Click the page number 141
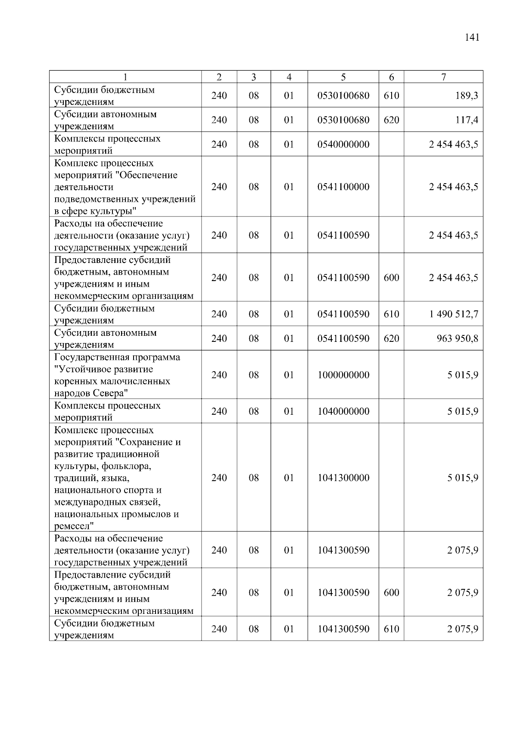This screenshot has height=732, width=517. pos(472,38)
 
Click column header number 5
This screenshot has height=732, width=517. pos(343,77)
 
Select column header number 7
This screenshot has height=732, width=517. pos(443,77)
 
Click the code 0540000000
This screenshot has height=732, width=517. pos(343,144)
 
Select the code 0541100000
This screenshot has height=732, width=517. pos(343,187)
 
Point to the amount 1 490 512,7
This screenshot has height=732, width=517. pos(453,314)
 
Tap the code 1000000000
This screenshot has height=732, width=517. pos(343,375)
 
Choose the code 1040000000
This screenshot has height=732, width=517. pos(343,411)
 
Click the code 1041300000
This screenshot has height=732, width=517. pos(343,478)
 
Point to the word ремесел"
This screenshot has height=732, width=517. pos(74,526)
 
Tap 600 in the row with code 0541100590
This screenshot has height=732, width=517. pos(391,278)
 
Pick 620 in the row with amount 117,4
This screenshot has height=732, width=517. pos(391,120)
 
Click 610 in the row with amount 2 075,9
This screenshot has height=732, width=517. pos(391,629)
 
